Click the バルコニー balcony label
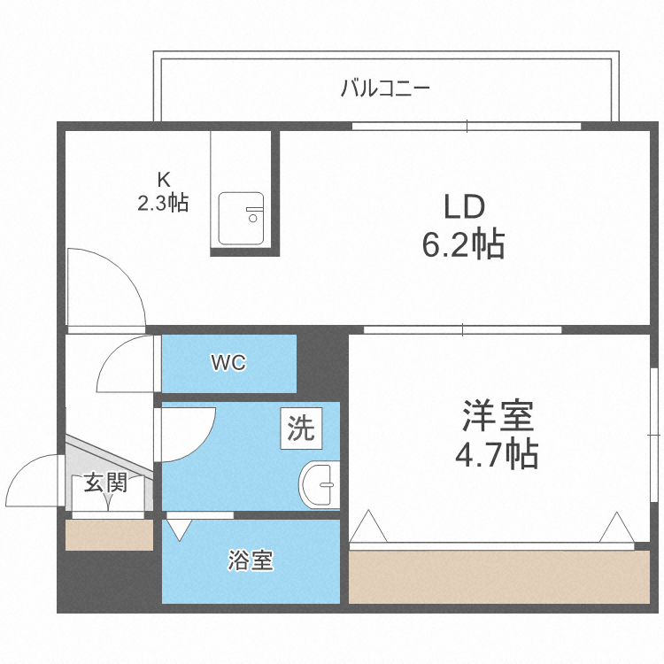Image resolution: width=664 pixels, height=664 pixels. pyautogui.click(x=385, y=89)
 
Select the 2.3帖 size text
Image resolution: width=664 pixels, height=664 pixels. pyautogui.click(x=162, y=203)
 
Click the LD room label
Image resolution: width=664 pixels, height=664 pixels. pyautogui.click(x=464, y=208)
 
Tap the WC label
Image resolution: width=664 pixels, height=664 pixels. pyautogui.click(x=228, y=363)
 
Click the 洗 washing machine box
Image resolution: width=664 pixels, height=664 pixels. pyautogui.click(x=301, y=429)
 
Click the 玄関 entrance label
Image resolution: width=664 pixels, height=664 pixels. pyautogui.click(x=106, y=483)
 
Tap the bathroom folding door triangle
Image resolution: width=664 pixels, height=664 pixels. pyautogui.click(x=180, y=529)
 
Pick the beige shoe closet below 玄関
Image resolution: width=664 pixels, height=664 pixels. pyautogui.click(x=109, y=536)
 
